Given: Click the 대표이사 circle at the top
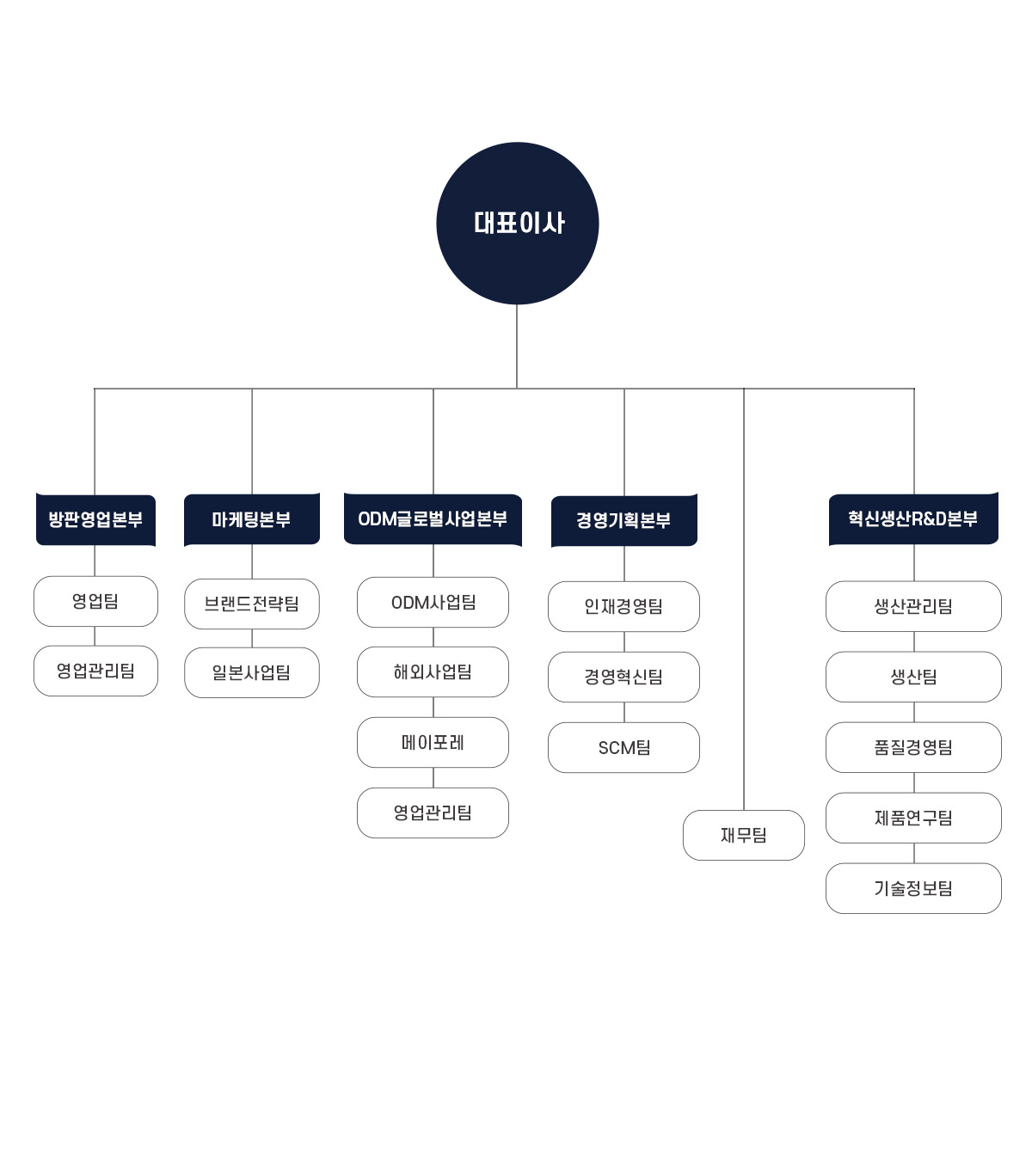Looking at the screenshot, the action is click(517, 223).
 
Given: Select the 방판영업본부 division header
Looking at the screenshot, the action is click(95, 519).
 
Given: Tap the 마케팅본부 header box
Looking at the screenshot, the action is click(252, 519).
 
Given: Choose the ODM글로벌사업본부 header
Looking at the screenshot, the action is click(433, 519).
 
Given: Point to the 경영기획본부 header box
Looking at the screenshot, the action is click(623, 520).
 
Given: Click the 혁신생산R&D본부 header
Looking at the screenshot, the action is click(913, 518).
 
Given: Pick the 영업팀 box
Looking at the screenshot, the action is click(95, 601).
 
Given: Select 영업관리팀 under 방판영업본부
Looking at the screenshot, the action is click(95, 671).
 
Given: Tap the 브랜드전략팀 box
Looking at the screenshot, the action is click(252, 604).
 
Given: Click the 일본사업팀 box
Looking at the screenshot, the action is click(252, 672).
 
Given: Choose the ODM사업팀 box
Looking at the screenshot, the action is click(433, 602).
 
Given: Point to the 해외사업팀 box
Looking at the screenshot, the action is click(433, 672).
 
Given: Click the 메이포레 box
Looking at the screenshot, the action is click(433, 742).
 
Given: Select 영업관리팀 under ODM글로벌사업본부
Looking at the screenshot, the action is click(433, 813).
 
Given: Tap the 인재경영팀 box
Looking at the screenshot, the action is click(623, 606).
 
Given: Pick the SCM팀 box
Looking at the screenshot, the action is click(623, 747).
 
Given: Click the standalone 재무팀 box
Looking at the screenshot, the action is click(743, 835).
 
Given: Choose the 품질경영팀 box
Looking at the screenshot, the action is click(913, 747).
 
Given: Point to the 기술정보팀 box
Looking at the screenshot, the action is click(913, 888).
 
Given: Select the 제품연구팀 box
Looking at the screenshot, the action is click(913, 818).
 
